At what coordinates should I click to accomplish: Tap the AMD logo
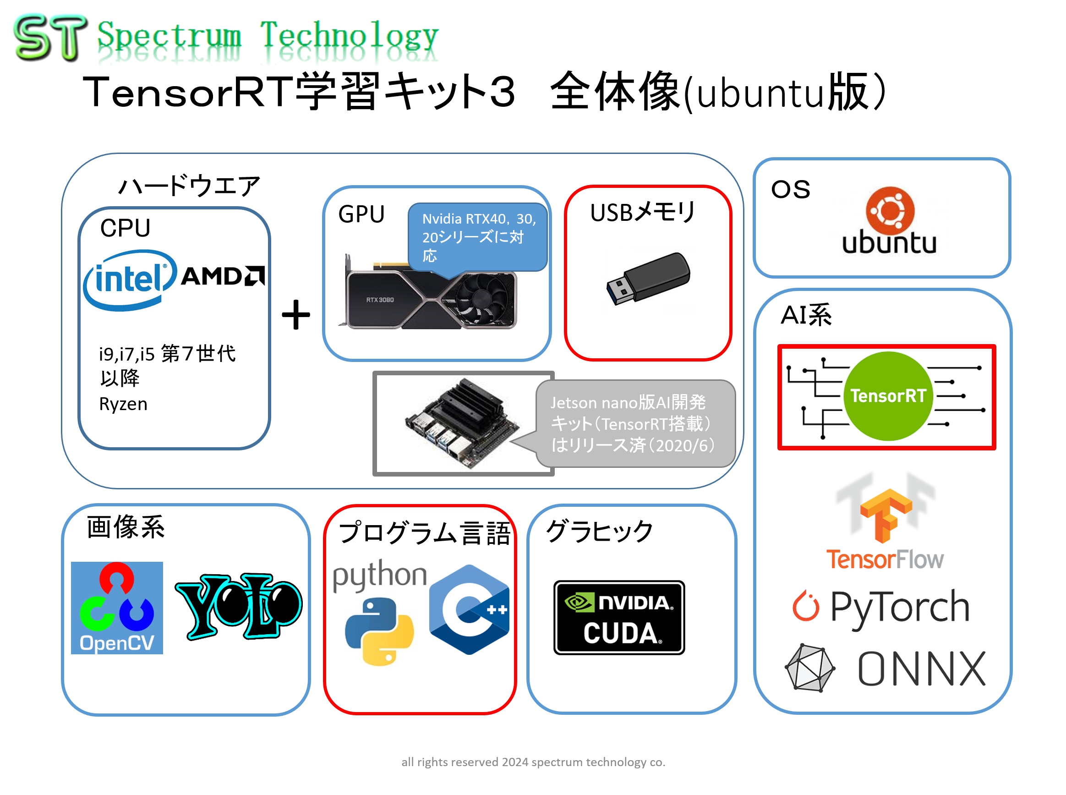pos(222,276)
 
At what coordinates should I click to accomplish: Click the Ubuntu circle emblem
pos(890,210)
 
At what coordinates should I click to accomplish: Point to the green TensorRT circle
pos(887,395)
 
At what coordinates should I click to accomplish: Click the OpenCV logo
pos(117,607)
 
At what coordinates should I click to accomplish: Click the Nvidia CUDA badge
pos(618,617)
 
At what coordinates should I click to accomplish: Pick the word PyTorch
pos(899,606)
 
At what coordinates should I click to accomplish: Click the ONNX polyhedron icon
pos(809,668)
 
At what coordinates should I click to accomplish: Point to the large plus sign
pos(296,315)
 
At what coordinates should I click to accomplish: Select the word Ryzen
pos(123,404)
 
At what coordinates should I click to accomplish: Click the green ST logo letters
pos(50,37)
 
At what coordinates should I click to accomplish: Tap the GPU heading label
pos(361,214)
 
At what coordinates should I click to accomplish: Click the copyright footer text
pos(533,762)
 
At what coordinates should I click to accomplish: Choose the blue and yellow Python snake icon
pos(379,631)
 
